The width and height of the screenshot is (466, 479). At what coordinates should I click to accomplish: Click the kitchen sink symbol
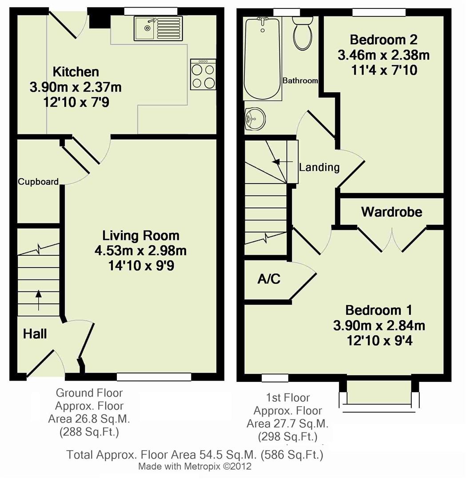click(x=157, y=27)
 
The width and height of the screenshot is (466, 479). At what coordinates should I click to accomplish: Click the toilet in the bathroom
click(x=303, y=34)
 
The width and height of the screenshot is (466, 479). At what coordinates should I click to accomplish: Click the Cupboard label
click(x=38, y=181)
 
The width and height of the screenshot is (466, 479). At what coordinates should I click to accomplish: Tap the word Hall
click(x=35, y=334)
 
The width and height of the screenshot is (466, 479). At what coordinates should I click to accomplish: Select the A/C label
click(x=269, y=279)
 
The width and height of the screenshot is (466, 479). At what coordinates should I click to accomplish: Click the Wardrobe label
click(x=391, y=212)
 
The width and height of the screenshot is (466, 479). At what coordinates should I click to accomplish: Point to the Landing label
click(x=319, y=167)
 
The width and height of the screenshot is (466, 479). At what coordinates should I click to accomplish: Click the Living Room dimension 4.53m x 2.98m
click(x=140, y=251)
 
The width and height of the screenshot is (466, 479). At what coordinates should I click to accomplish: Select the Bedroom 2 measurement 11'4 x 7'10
click(x=383, y=70)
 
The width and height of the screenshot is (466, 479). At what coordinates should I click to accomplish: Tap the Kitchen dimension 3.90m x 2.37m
click(x=76, y=87)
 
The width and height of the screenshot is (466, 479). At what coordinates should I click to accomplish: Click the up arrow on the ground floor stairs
click(x=38, y=300)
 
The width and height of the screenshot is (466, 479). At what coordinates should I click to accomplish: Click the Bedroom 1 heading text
click(x=379, y=310)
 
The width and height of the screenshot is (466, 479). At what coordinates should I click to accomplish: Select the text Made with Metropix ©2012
click(x=195, y=467)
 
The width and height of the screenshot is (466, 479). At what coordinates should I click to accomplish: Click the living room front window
click(x=154, y=377)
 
